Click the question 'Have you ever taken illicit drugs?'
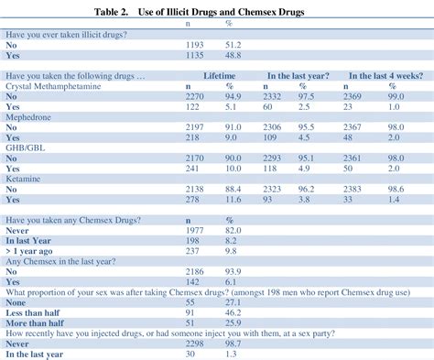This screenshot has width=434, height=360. point(69,32)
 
